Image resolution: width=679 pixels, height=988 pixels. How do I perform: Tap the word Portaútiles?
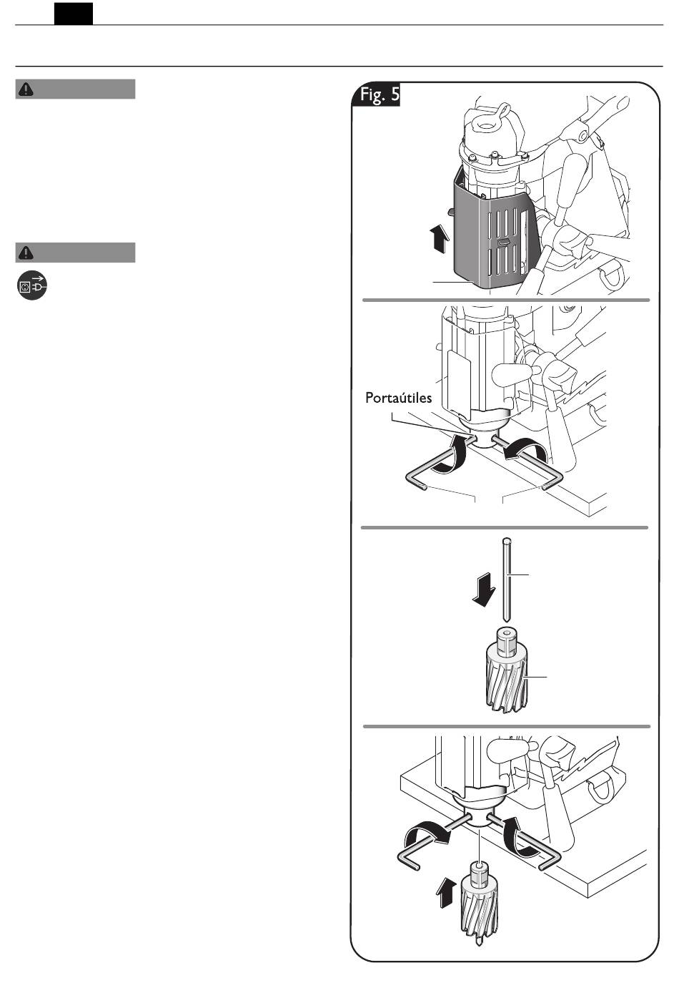pyautogui.click(x=398, y=398)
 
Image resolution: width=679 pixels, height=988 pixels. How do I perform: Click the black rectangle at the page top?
pyautogui.click(x=74, y=14)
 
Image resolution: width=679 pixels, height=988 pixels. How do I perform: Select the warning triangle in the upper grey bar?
pyautogui.click(x=26, y=89)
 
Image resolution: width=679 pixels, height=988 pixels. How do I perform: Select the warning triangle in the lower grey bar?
pyautogui.click(x=26, y=253)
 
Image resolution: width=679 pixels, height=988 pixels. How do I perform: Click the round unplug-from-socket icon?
pyautogui.click(x=32, y=285)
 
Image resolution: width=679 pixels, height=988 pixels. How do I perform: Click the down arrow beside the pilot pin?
pyautogui.click(x=484, y=589)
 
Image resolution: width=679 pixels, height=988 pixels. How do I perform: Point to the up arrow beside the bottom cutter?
pyautogui.click(x=445, y=892)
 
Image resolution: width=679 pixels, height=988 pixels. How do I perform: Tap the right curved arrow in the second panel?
pyautogui.click(x=527, y=454)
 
